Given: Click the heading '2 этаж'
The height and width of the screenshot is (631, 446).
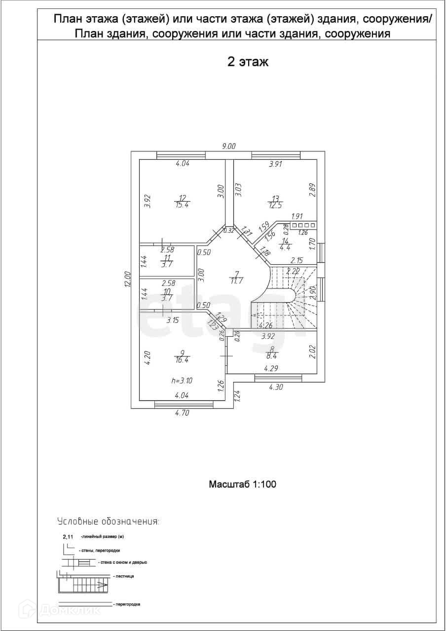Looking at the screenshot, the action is [247, 62].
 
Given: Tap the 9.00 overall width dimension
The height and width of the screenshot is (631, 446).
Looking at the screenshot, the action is [228, 146].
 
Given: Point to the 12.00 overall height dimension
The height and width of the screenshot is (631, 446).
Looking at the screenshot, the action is [127, 279].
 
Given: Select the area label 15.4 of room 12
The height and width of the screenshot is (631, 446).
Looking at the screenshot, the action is [182, 205].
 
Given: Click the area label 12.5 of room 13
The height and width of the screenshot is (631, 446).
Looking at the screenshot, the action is [274, 205].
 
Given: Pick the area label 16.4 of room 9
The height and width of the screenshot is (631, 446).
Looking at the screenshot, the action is [182, 360].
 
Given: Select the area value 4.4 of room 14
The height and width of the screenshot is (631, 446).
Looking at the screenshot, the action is [285, 248].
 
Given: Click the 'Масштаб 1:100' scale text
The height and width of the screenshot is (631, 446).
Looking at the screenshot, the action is [242, 484].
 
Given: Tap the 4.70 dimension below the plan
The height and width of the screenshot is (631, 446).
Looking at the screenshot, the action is [182, 413].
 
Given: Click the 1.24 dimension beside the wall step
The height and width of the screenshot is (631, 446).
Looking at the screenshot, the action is [237, 395].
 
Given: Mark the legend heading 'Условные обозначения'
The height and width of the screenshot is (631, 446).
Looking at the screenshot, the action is [108, 521].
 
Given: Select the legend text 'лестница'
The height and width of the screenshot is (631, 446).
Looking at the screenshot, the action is [124, 576].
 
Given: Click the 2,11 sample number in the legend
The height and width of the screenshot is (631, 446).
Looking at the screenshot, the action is [67, 537].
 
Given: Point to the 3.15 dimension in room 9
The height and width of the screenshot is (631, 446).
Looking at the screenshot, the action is [172, 320].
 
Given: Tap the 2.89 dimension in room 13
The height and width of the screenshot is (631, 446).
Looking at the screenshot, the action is [312, 190].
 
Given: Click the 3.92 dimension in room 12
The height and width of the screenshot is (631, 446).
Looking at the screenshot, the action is [147, 202].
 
